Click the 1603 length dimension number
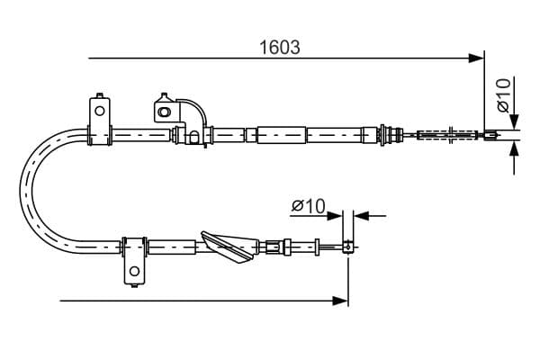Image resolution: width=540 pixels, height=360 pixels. click(279, 47)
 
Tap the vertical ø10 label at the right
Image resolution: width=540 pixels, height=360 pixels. click(503, 95)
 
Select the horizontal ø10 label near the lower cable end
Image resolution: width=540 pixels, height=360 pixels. click(309, 206)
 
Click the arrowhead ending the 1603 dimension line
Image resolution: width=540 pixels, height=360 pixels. click(476, 58)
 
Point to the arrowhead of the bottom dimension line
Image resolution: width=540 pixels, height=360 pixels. click(340, 301)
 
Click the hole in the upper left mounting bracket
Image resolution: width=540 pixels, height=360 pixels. click(100, 111)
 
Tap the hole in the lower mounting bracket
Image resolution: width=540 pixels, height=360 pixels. click(135, 271)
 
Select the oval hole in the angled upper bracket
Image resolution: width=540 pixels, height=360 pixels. click(164, 112)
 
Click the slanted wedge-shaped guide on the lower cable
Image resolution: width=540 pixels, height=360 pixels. click(229, 247)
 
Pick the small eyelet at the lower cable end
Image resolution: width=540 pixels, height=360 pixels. click(347, 247)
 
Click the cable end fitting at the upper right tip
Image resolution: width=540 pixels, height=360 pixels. click(491, 135)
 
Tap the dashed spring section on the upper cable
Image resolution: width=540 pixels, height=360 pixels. click(447, 135)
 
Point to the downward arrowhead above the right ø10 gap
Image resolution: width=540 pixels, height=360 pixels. click(514, 121)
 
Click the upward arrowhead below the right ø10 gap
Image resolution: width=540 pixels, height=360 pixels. click(514, 148)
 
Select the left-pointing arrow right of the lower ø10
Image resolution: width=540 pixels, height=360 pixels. click(370, 216)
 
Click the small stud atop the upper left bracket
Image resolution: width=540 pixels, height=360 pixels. click(100, 95)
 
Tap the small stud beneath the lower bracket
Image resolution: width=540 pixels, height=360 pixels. click(135, 285)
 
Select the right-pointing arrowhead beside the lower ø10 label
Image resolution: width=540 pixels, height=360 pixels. click(335, 216)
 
